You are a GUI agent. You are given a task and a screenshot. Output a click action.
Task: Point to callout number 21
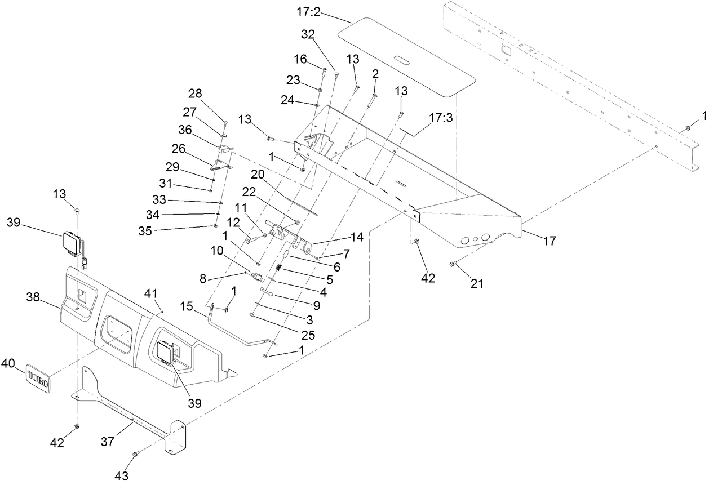[477, 284]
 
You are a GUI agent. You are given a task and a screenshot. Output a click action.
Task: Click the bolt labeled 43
[135, 453]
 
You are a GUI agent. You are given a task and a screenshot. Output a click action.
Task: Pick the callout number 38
[33, 297]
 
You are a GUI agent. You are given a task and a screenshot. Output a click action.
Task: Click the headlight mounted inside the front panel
[166, 353]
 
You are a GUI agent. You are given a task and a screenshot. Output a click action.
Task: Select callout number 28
[195, 93]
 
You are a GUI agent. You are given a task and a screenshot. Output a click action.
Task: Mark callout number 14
[357, 238]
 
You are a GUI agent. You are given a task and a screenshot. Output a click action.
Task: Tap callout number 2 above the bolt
[375, 74]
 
